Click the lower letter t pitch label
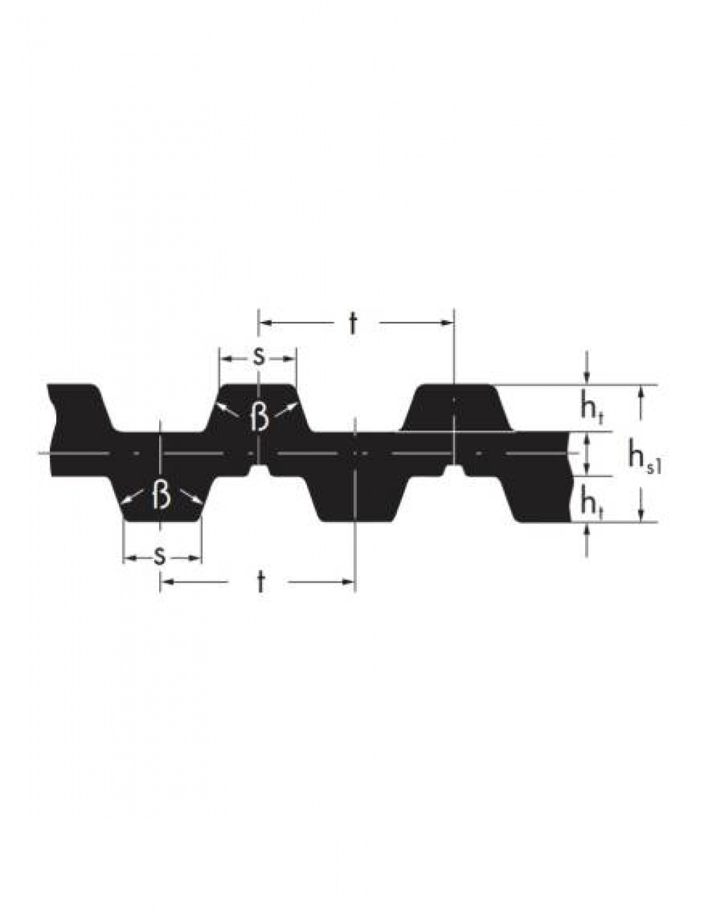(x=261, y=583)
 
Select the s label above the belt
(x=258, y=357)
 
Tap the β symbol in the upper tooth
(x=259, y=416)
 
